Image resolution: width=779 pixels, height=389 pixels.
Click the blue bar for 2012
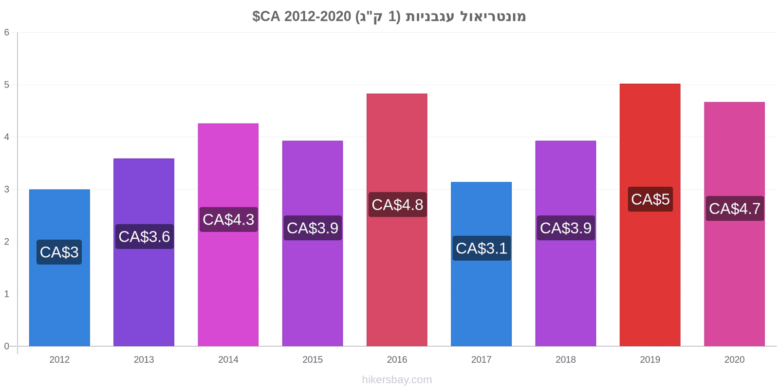tap(59, 268)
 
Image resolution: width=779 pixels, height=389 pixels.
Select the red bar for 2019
tap(650, 215)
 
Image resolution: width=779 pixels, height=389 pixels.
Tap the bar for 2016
tap(397, 220)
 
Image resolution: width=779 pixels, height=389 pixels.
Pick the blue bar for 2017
tap(482, 264)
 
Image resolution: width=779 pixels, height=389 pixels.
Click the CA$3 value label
tap(59, 252)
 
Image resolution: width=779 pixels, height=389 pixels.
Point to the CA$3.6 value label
tap(144, 236)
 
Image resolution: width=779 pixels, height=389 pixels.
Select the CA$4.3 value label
tap(228, 219)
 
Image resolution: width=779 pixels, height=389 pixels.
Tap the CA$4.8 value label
tap(397, 205)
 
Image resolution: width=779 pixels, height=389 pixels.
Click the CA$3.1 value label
tap(482, 248)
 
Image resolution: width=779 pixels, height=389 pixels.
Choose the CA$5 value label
tap(650, 199)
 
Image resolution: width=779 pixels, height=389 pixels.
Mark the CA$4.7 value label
tap(735, 209)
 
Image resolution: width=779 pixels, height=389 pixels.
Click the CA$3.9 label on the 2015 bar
tap(313, 228)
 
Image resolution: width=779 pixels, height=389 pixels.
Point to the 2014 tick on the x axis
tap(228, 359)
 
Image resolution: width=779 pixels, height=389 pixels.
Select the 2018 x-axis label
tap(565, 359)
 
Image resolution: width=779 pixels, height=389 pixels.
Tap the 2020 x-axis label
tap(735, 359)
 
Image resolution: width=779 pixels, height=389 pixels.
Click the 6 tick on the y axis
tap(7, 32)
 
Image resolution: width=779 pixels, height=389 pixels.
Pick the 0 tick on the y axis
tap(7, 346)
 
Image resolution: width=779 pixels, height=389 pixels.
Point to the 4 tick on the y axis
tap(7, 137)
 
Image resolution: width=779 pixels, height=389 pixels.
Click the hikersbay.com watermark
tap(397, 380)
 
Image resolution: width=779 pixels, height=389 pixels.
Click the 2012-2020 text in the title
tap(317, 17)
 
